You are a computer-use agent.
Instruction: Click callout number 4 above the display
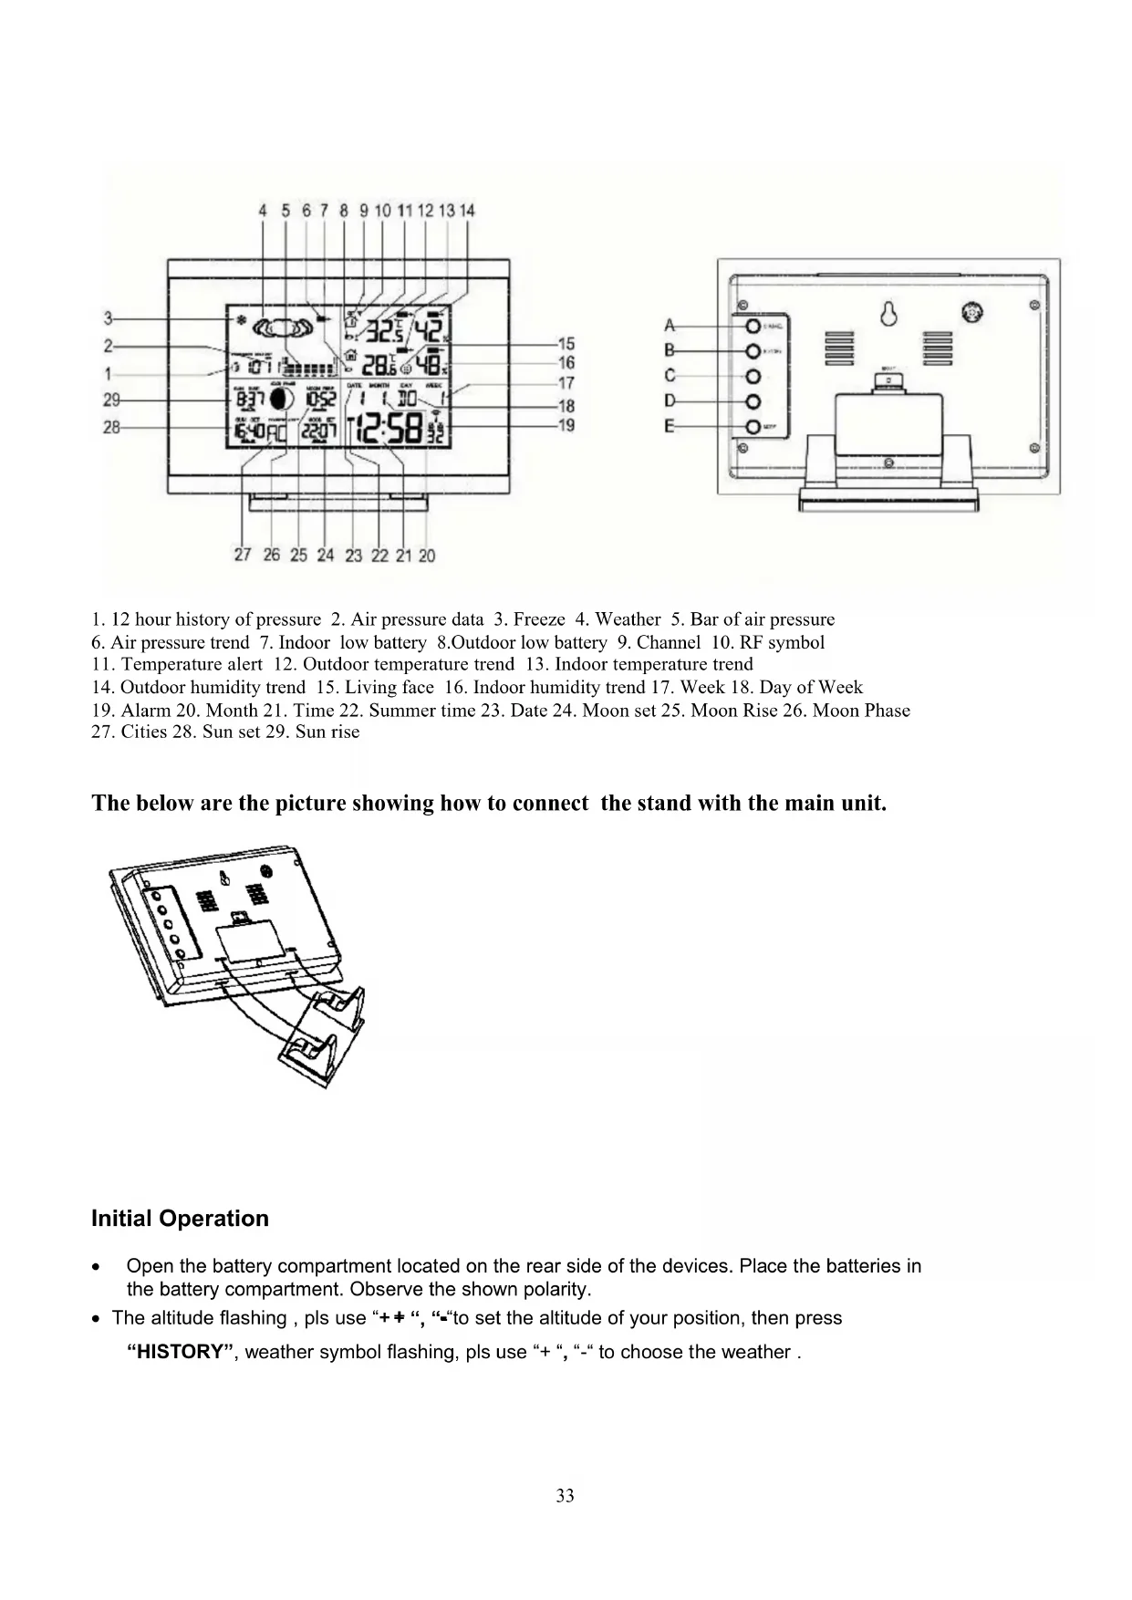click(263, 210)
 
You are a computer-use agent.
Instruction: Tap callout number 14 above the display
click(467, 210)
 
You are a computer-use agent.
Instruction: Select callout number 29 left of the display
click(111, 400)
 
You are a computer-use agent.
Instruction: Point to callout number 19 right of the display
click(566, 425)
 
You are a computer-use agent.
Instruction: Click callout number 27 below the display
click(243, 555)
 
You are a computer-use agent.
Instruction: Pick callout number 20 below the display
click(427, 555)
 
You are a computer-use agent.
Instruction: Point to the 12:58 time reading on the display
click(390, 428)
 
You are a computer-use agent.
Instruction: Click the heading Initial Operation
click(180, 1219)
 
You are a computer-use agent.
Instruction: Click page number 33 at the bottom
click(566, 1495)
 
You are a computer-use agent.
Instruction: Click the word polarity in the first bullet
click(558, 1290)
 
